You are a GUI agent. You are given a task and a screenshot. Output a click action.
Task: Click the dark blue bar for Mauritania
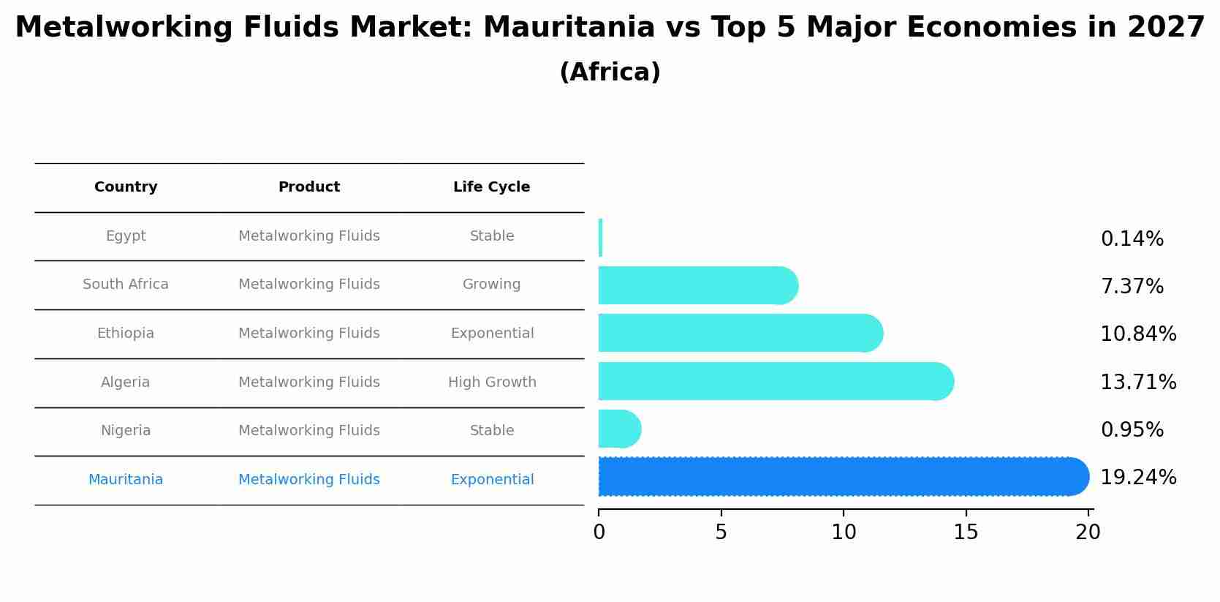tap(841, 477)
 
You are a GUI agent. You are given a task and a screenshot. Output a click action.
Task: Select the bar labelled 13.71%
tap(775, 381)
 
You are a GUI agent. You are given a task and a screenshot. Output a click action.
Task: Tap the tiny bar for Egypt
tap(600, 238)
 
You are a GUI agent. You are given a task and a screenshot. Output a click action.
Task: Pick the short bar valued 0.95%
tap(618, 429)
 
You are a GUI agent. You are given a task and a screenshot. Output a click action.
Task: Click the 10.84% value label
tap(1137, 334)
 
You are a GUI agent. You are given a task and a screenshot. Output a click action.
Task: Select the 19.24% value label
tap(1137, 478)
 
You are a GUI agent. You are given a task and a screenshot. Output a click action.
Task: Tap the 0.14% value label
tap(1132, 239)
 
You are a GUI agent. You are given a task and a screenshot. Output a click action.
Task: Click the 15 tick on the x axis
tap(966, 533)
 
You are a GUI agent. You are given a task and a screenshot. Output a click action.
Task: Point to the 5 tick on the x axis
tap(721, 533)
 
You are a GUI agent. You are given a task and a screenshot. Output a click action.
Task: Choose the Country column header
tap(126, 187)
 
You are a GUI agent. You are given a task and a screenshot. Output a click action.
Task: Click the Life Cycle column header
tap(491, 187)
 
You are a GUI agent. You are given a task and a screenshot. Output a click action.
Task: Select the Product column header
tap(308, 187)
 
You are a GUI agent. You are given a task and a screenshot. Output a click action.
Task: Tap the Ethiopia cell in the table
tap(126, 334)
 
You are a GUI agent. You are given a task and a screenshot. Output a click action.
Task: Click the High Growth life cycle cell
tap(492, 383)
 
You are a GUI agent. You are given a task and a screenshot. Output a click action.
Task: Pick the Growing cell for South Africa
tap(491, 285)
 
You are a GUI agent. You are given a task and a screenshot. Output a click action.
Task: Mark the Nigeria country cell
tap(126, 431)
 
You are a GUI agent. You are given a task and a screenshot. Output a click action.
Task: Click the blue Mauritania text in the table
tap(126, 480)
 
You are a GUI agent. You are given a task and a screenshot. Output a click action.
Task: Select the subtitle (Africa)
tap(610, 72)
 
